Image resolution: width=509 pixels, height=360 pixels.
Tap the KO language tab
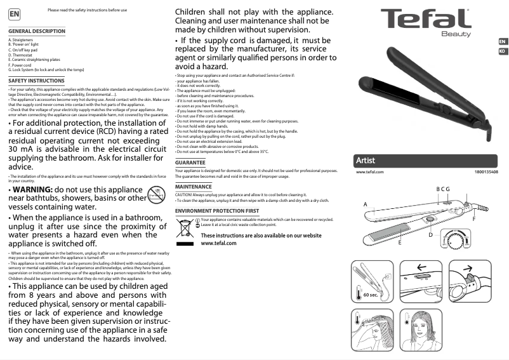[502, 51]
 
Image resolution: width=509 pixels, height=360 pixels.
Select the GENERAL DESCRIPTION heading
[37, 31]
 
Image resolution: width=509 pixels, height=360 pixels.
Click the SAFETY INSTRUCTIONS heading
[36, 81]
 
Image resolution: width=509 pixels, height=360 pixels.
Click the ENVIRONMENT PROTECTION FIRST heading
[216, 210]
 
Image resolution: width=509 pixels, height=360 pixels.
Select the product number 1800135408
[486, 172]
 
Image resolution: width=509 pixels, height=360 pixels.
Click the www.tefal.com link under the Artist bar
[370, 172]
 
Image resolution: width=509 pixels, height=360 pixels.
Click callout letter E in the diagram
[400, 243]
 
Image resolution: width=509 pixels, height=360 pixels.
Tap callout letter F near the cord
[473, 218]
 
